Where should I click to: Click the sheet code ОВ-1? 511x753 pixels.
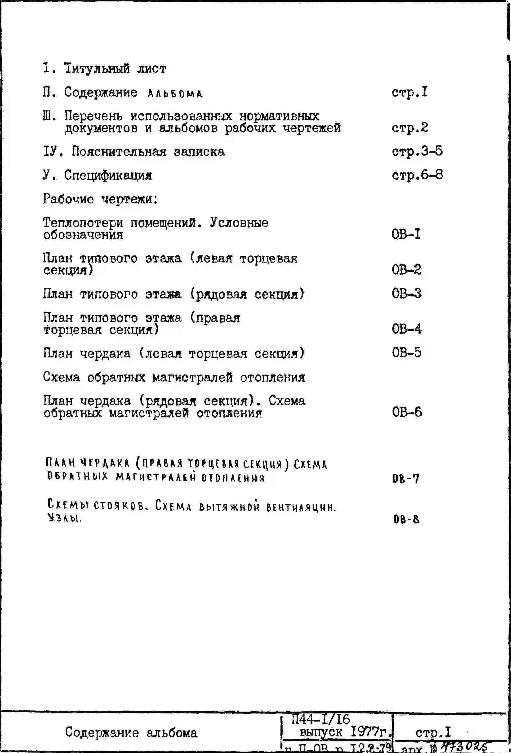pyautogui.click(x=406, y=234)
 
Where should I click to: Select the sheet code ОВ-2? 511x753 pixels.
pyautogui.click(x=406, y=270)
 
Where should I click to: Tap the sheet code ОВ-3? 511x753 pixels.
pyautogui.click(x=406, y=294)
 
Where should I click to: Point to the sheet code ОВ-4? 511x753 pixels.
pyautogui.click(x=407, y=329)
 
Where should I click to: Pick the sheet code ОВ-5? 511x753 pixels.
pyautogui.click(x=406, y=352)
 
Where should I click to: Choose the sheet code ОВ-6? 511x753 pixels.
pyautogui.click(x=407, y=412)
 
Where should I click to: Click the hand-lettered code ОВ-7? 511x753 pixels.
pyautogui.click(x=406, y=479)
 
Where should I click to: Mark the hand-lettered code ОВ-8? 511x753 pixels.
pyautogui.click(x=406, y=519)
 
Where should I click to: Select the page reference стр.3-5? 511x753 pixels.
pyautogui.click(x=417, y=151)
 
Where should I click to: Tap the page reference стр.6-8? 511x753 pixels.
pyautogui.click(x=417, y=175)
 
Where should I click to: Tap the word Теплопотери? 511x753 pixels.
pyautogui.click(x=83, y=223)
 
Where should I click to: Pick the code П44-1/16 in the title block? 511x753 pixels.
pyautogui.click(x=320, y=719)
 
